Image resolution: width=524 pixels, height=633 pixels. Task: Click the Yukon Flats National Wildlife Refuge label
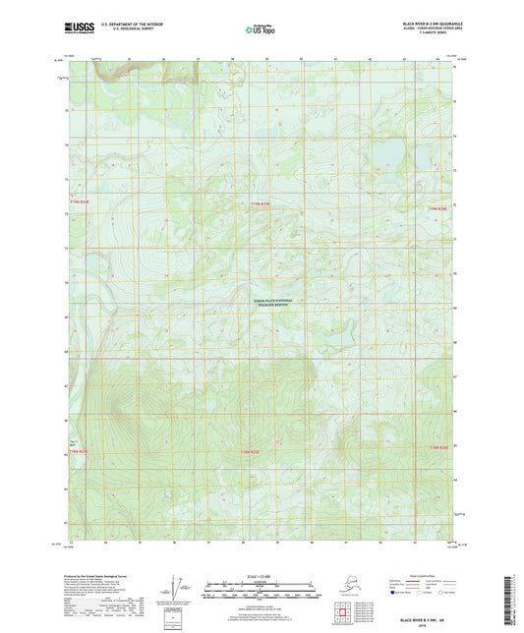pyautogui.click(x=274, y=303)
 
